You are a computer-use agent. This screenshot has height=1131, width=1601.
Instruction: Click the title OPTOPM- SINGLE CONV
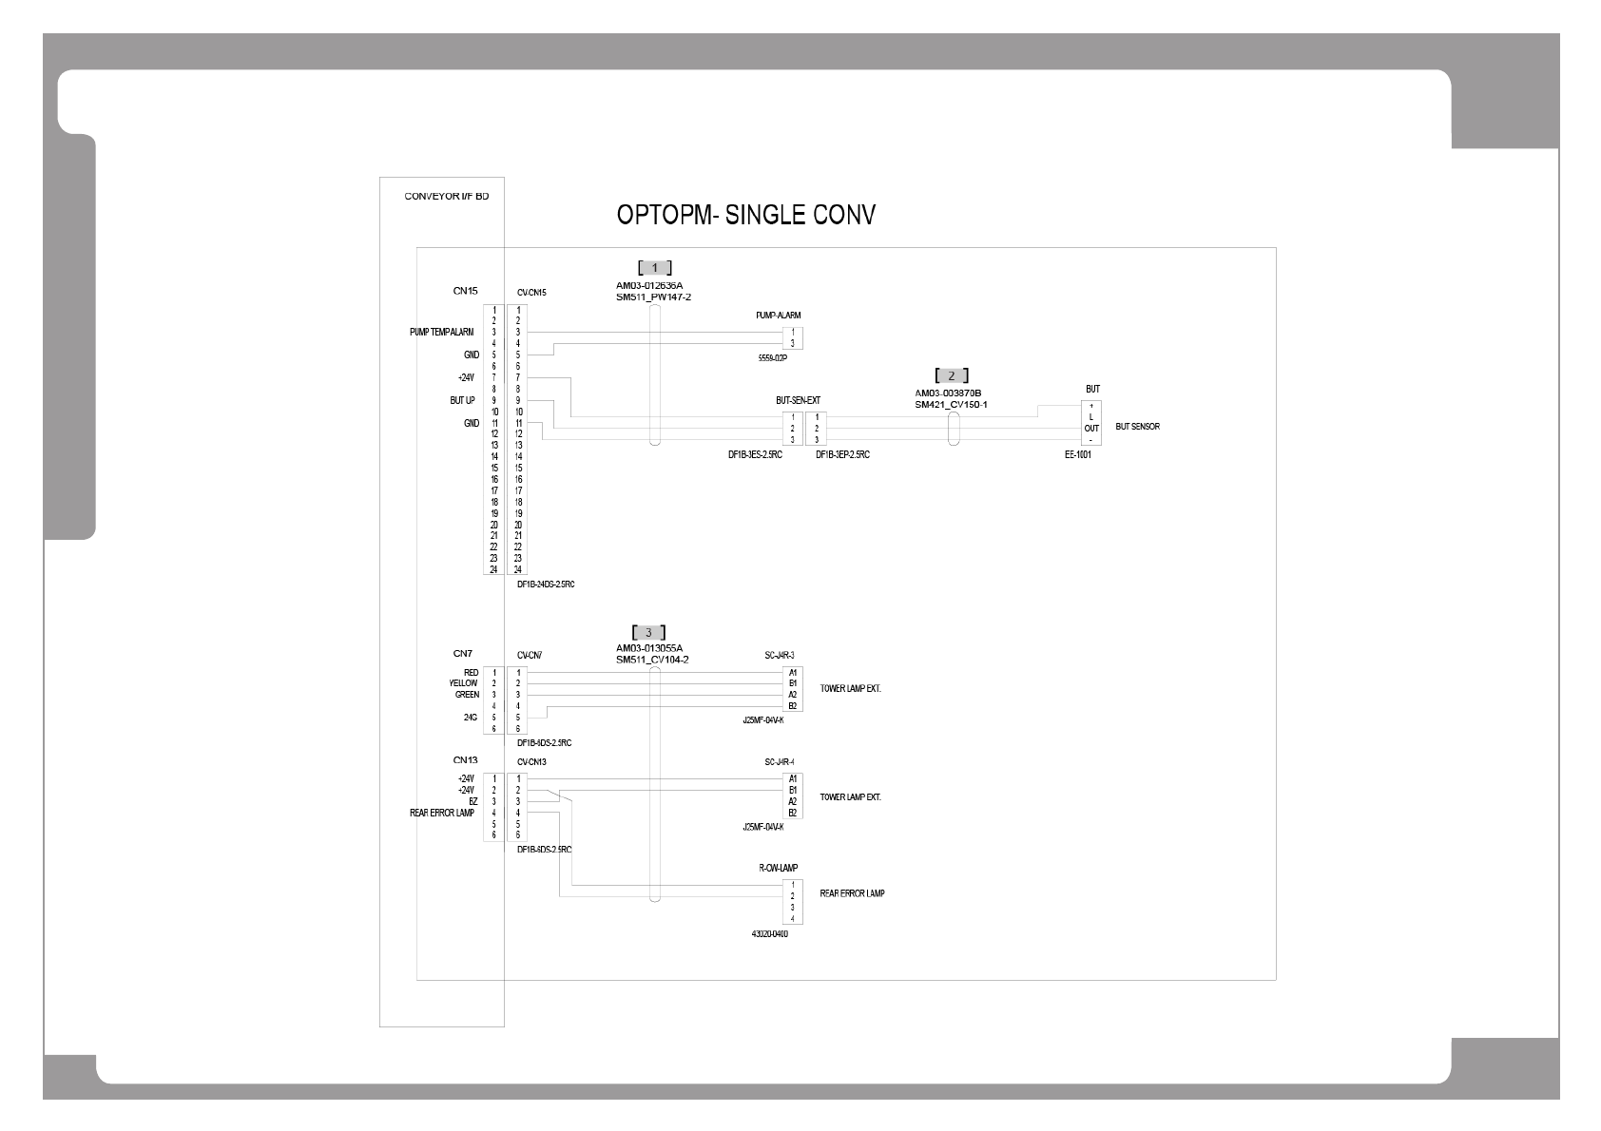point(745,215)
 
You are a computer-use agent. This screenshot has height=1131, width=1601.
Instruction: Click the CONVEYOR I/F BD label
point(446,197)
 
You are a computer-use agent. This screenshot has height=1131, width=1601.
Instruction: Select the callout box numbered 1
point(654,268)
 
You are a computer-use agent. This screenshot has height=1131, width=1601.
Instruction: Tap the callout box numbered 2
point(952,375)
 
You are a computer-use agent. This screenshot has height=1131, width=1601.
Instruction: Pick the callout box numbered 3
point(648,632)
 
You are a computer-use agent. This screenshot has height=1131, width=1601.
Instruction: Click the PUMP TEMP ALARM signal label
point(441,333)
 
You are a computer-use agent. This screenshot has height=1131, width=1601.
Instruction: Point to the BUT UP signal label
point(462,401)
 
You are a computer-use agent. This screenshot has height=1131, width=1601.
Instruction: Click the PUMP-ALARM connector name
point(779,316)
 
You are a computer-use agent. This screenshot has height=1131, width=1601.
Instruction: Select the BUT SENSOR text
point(1137,427)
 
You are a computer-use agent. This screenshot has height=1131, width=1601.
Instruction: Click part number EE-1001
point(1077,455)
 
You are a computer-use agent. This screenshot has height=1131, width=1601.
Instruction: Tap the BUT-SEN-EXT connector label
point(798,401)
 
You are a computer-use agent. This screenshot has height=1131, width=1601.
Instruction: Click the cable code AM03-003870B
point(948,393)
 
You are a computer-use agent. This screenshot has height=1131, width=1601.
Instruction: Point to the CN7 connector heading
point(462,654)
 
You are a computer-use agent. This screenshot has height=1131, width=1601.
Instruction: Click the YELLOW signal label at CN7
point(464,683)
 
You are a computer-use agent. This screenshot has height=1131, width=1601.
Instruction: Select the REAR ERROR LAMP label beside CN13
point(442,814)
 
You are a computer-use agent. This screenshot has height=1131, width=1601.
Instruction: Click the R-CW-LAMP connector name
point(778,868)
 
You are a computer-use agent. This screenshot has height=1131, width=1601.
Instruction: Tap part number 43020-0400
point(769,934)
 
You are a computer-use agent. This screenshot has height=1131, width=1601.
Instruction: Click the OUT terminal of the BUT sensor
point(1091,429)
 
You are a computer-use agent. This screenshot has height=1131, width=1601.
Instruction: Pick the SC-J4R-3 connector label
point(779,655)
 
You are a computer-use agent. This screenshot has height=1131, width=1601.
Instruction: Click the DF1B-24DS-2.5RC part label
point(545,585)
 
